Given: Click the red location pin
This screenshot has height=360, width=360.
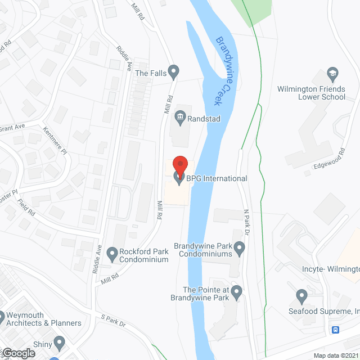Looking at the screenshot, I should pos(179,165).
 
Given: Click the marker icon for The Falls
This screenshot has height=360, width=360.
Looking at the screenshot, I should pos(174,71).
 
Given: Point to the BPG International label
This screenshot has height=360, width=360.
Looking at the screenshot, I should pos(217,179).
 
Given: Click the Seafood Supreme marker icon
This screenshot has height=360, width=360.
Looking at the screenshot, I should pos(301,294).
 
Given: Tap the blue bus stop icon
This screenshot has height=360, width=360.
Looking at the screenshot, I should pos(336,330).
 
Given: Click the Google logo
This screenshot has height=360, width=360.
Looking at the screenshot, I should pos(18,353).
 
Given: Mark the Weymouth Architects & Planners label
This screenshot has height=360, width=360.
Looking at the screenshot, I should pos(44,319).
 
